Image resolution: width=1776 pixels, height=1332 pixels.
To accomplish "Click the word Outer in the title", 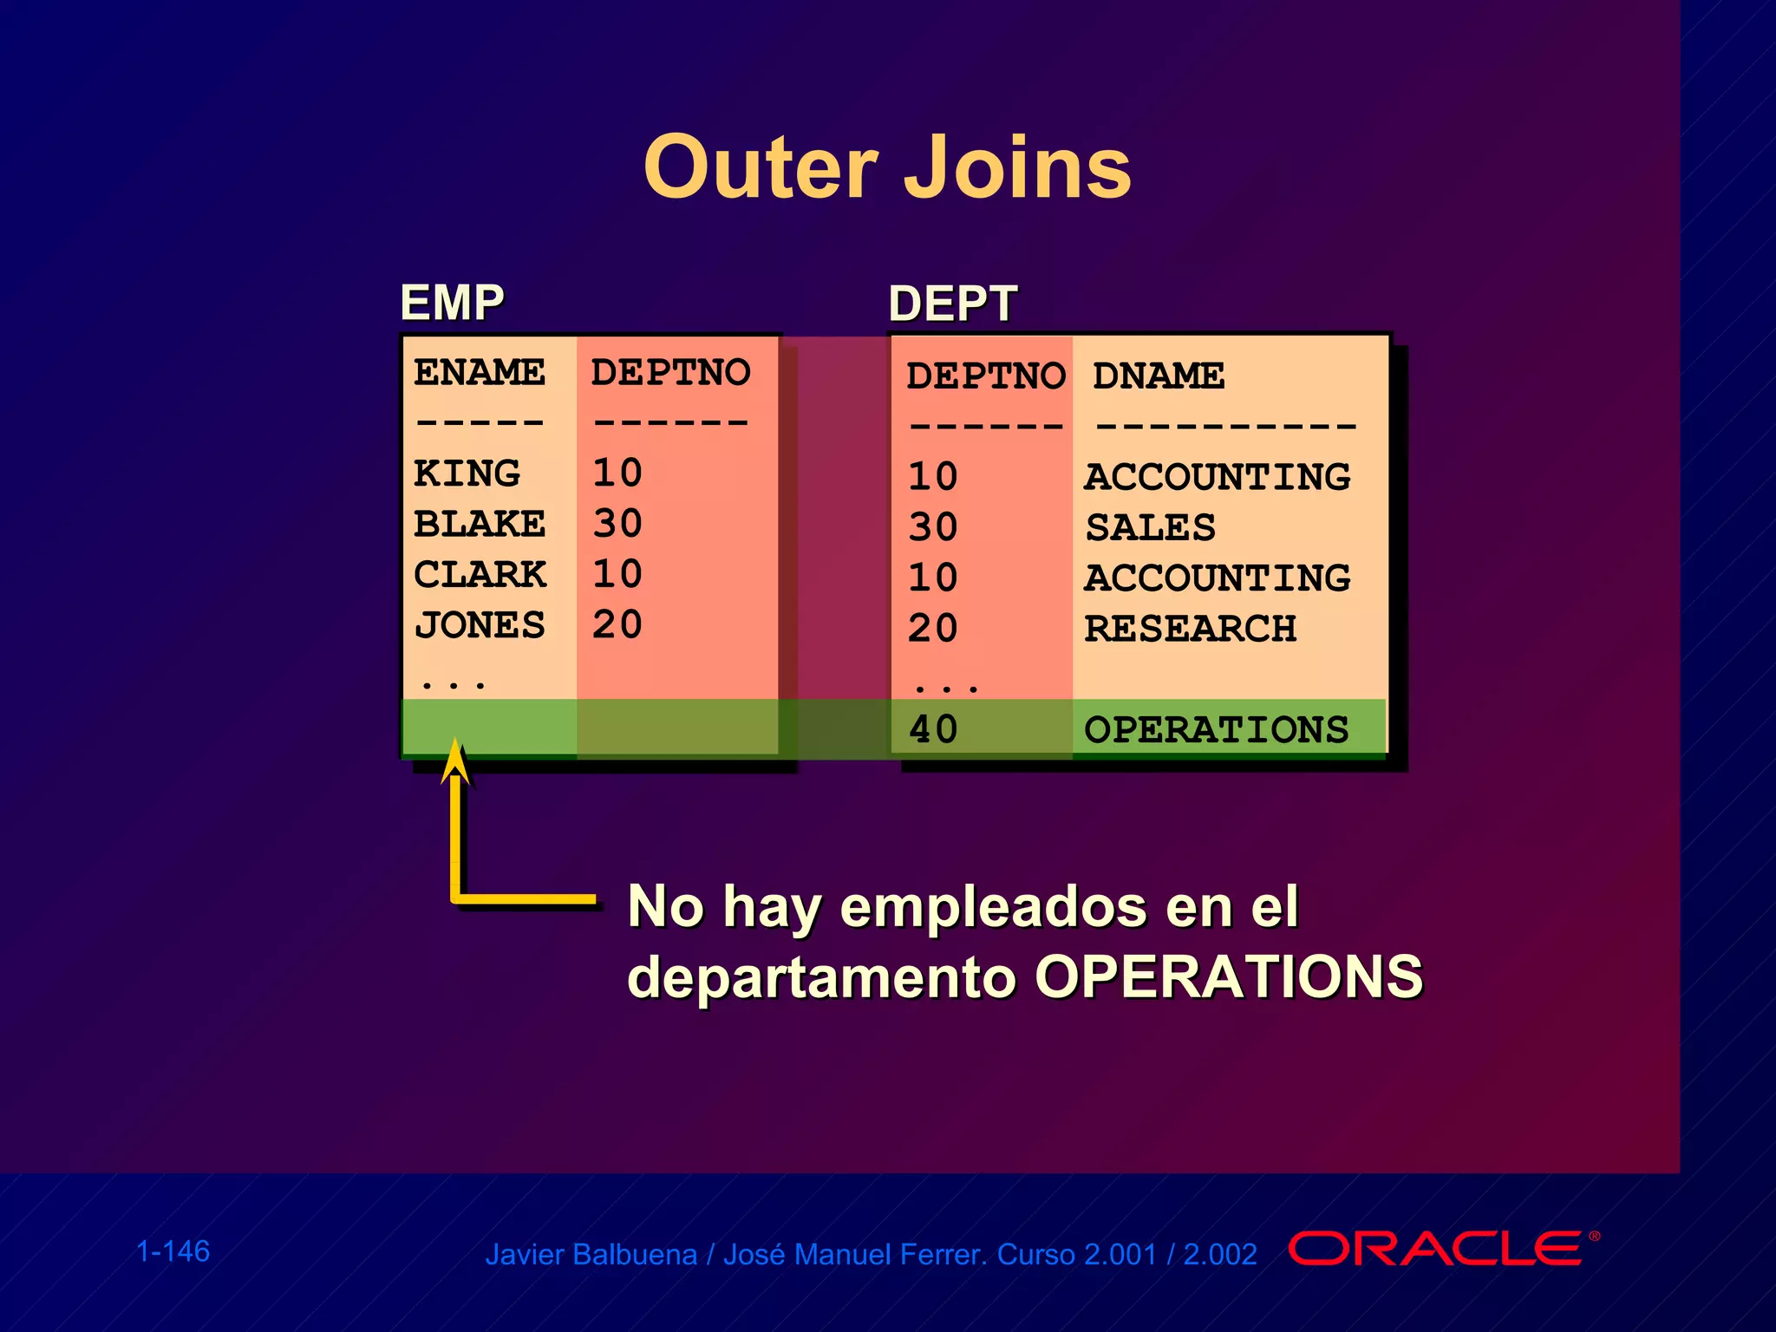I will (761, 167).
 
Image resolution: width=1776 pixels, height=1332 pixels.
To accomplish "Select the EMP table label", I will (452, 303).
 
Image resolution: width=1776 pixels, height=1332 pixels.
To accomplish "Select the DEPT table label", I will (952, 304).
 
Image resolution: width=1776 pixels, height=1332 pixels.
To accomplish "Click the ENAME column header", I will (479, 372).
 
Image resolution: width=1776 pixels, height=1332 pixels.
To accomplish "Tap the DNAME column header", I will (1158, 376).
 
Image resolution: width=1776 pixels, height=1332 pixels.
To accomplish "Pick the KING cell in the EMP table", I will (467, 473).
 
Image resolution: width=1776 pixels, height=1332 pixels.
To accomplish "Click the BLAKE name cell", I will (479, 524).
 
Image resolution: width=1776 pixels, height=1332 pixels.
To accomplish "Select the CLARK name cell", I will (480, 574).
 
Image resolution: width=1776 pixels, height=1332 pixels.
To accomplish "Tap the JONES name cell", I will (479, 625).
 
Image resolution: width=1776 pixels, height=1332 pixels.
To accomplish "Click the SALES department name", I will (1150, 527).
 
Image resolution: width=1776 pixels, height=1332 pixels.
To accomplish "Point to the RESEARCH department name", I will (1190, 629).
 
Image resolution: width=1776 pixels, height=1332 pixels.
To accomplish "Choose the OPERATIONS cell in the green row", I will (1216, 729).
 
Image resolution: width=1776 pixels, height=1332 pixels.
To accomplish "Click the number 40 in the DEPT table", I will (932, 729).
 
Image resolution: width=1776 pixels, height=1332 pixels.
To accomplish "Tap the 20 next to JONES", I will (617, 625).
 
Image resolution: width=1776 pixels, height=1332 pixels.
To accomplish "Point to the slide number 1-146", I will (173, 1251).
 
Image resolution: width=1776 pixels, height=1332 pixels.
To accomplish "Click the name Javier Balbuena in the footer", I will (591, 1255).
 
